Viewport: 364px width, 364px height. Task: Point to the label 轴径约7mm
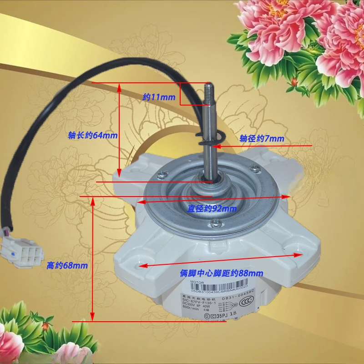262,138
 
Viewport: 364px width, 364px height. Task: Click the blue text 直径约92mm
212,209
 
